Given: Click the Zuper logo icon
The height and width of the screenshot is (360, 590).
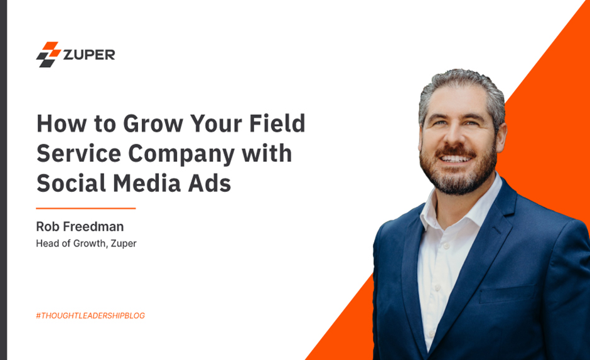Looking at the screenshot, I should click(48, 54).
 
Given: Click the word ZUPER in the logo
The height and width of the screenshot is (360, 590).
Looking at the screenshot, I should click(88, 55).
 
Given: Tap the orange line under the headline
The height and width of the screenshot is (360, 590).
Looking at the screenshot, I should click(86, 208).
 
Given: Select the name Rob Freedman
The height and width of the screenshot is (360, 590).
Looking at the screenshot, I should click(79, 226).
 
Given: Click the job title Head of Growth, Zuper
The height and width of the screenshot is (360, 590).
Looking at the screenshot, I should click(86, 243).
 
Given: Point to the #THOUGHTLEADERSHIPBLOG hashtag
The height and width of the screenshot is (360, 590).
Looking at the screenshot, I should click(90, 315).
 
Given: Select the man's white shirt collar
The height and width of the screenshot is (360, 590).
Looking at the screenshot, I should click(439, 210).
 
